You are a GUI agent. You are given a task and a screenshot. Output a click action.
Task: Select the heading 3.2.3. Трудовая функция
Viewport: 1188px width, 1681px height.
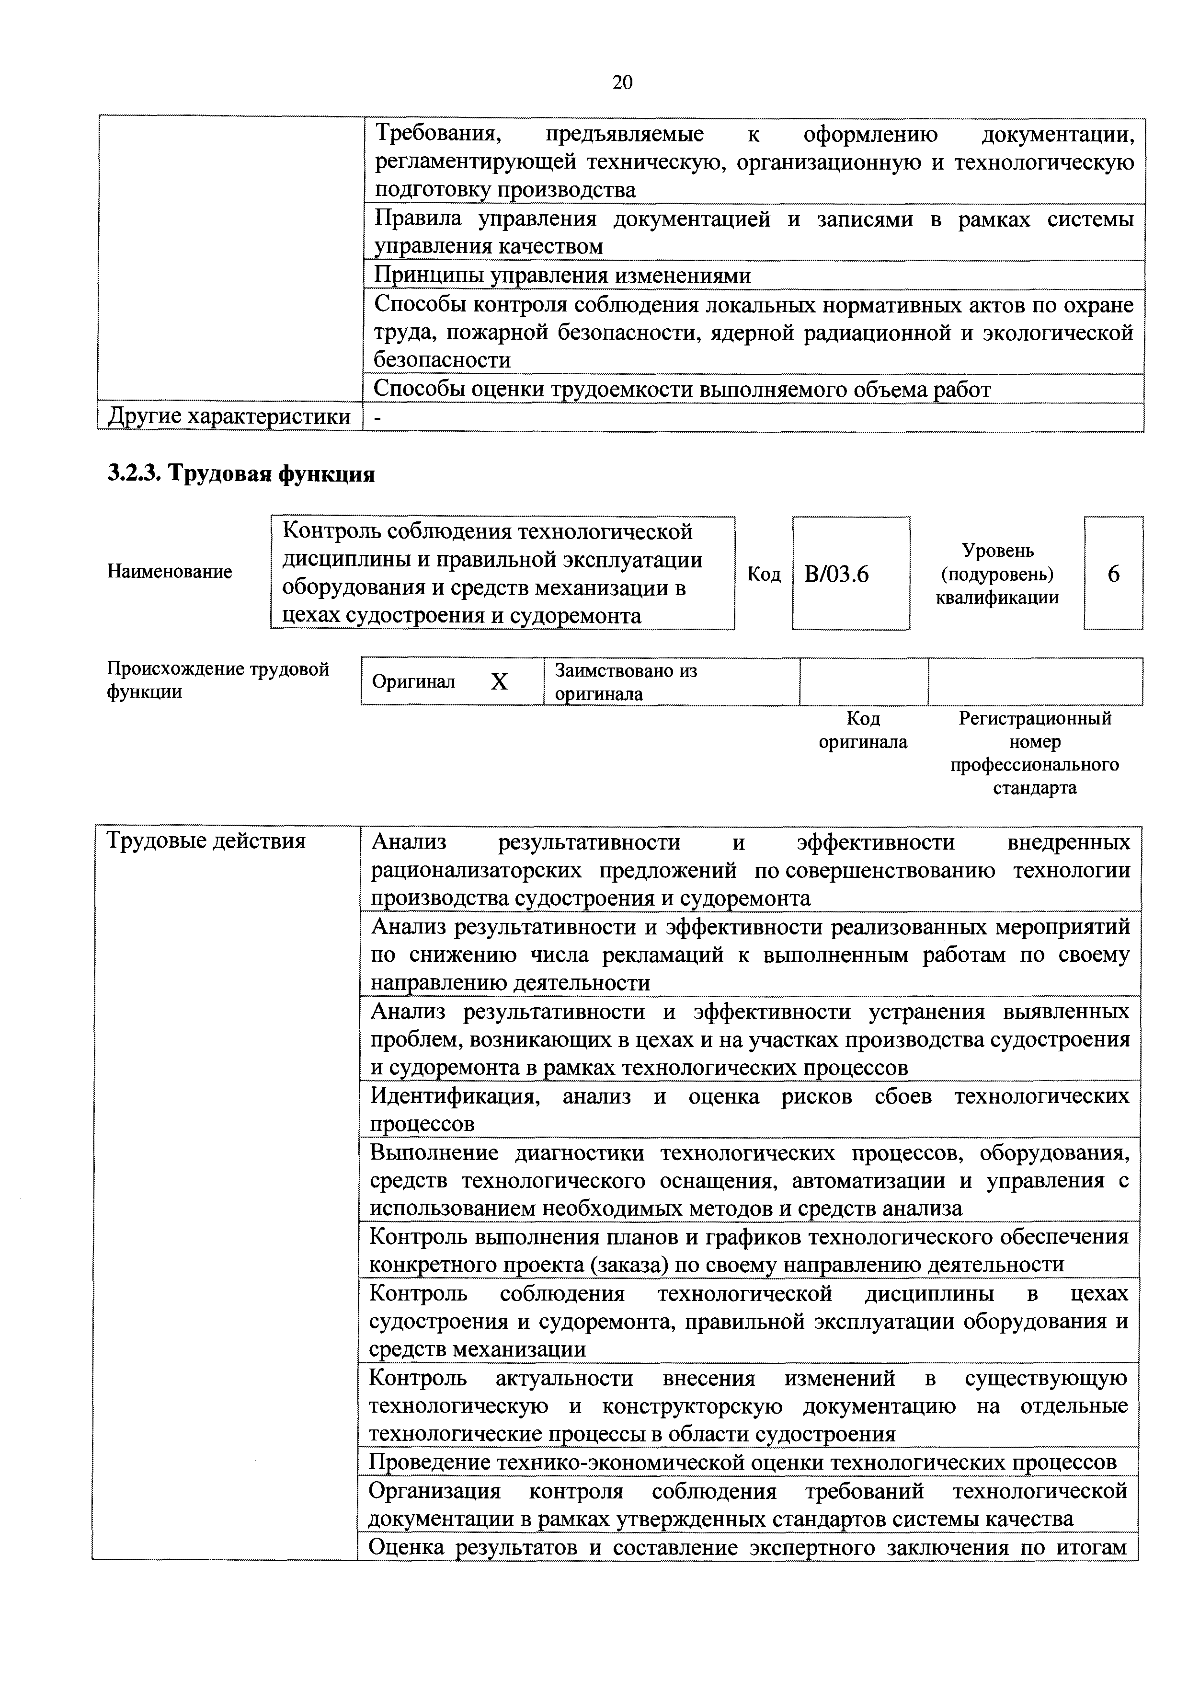pos(241,474)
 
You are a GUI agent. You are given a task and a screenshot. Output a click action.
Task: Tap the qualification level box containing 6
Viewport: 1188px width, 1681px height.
pos(1113,574)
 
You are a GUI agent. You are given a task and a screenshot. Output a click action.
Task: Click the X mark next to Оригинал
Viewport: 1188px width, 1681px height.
pos(499,682)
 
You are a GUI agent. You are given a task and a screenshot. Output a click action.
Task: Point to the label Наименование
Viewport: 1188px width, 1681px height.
pos(170,571)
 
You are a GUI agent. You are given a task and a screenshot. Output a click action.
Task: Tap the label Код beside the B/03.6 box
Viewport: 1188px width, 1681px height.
pos(764,575)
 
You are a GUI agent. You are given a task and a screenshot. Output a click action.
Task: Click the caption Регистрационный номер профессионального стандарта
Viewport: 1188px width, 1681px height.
pos(1034,753)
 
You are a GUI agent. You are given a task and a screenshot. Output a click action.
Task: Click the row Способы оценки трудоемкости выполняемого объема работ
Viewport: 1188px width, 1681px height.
pos(682,390)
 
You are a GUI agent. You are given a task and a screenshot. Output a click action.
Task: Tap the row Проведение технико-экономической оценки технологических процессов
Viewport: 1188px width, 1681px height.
pos(742,1462)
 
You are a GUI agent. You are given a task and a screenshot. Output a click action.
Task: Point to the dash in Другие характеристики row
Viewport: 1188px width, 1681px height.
pos(377,417)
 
